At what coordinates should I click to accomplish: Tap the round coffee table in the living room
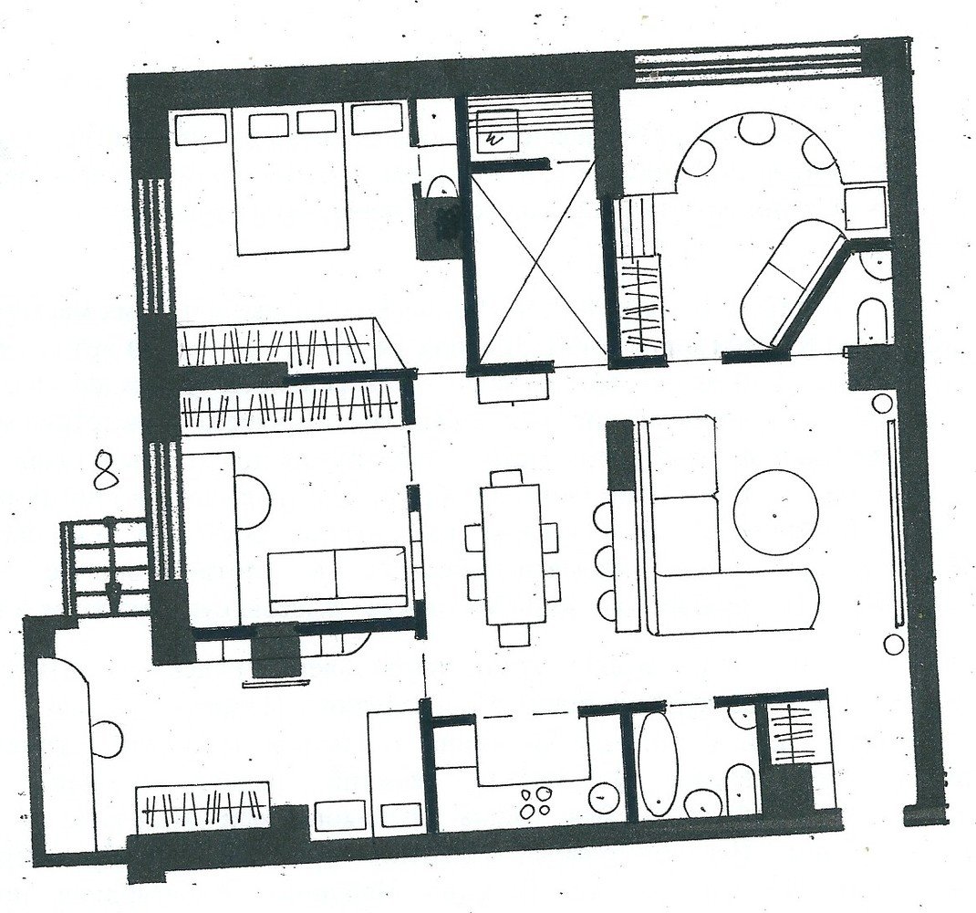[x=775, y=511]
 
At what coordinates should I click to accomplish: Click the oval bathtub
[x=658, y=765]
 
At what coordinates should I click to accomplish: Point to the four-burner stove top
[x=534, y=801]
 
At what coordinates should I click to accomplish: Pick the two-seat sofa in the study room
[x=337, y=578]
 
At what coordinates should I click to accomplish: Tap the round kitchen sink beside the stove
[x=603, y=797]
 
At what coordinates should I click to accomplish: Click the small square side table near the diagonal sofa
[x=866, y=206]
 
